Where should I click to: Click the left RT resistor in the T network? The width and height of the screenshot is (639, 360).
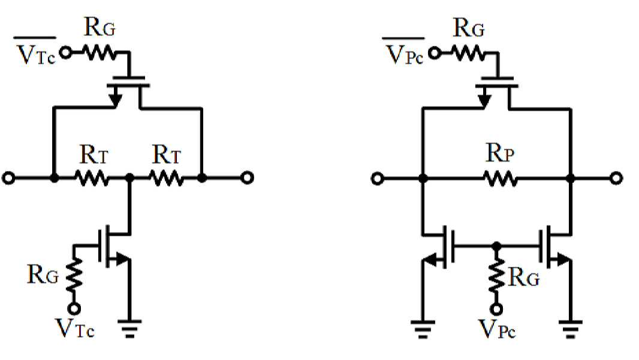pyautogui.click(x=92, y=179)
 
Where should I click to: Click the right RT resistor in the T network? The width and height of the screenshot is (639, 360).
pyautogui.click(x=166, y=179)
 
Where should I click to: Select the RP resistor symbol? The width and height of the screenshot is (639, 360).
pyautogui.click(x=501, y=179)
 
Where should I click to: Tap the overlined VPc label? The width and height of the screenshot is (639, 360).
pyautogui.click(x=404, y=52)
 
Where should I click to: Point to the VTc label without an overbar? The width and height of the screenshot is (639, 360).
pyautogui.click(x=75, y=328)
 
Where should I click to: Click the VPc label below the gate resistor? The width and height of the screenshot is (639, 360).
pyautogui.click(x=497, y=329)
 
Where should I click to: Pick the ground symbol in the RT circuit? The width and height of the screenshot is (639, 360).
pyautogui.click(x=129, y=328)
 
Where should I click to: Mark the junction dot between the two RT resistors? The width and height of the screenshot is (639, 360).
pyautogui.click(x=129, y=178)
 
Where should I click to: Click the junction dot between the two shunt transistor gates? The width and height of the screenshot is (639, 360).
pyautogui.click(x=496, y=246)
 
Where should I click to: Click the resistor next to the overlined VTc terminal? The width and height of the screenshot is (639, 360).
pyautogui.click(x=99, y=53)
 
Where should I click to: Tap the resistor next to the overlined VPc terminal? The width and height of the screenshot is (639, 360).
pyautogui.click(x=468, y=53)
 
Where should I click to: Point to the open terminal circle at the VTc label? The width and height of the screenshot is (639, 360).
pyautogui.click(x=74, y=308)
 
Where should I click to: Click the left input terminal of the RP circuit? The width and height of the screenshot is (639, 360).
pyautogui.click(x=378, y=179)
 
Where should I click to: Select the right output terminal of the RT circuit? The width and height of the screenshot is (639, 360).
pyautogui.click(x=247, y=178)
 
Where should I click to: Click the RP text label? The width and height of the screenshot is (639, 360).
pyautogui.click(x=500, y=153)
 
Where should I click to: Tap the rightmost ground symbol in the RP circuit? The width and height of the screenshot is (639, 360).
pyautogui.click(x=571, y=329)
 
